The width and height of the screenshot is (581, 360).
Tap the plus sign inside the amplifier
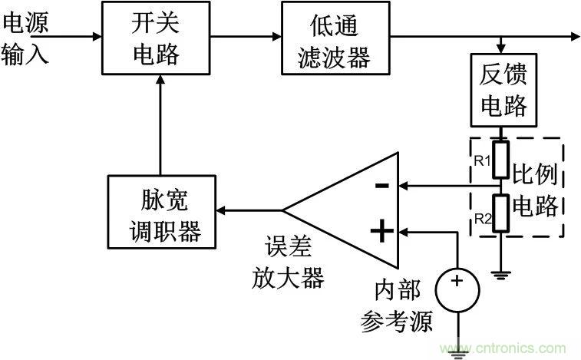381,229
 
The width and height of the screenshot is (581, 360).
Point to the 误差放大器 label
288,263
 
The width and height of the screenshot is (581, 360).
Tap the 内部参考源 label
397,306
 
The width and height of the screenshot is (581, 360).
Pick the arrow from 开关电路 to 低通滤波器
246,35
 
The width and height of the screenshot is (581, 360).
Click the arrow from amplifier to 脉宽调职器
249,209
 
